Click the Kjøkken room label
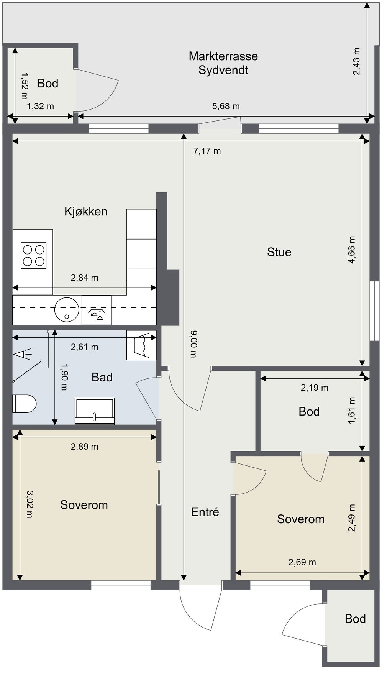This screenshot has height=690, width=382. pos(86,212)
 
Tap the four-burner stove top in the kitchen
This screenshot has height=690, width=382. pos(34,255)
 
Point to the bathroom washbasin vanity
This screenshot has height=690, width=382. pos(95,411)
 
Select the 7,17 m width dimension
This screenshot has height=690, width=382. pos(207,151)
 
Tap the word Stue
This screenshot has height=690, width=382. pos(279,252)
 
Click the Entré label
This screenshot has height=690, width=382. pos(205,512)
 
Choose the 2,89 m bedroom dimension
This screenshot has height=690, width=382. pos(84,447)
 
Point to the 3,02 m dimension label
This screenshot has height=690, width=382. pos(29,504)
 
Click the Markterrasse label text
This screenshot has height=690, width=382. pos(223,56)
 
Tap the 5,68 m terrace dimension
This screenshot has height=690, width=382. pos(226,106)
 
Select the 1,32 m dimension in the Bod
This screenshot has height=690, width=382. pos(40,106)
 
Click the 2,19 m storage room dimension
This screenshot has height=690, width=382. pos(315,388)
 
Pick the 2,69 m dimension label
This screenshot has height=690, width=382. pos(302,562)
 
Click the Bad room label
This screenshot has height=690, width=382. pos(102,378)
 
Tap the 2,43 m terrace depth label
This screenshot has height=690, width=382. pos(357,61)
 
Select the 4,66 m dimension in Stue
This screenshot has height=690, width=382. pos(351,250)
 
